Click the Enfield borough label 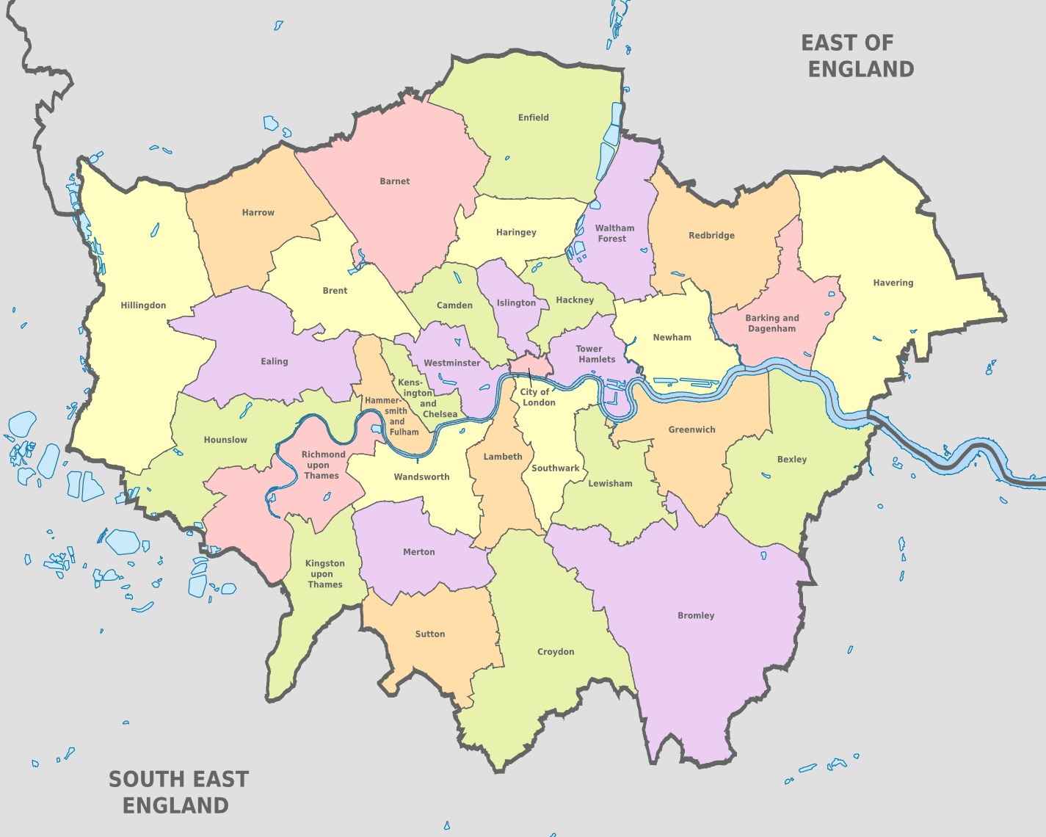[533, 117]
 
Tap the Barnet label [394, 181]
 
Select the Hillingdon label [143, 305]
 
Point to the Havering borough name [893, 283]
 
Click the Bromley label [695, 616]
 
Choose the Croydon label [555, 652]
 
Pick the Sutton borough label [429, 634]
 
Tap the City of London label [537, 397]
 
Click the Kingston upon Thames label [324, 574]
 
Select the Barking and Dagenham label [771, 323]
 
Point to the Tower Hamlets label [595, 354]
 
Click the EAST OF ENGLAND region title [857, 56]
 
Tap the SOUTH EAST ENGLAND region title [178, 792]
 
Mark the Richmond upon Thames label [322, 465]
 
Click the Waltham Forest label [614, 233]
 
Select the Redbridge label [711, 236]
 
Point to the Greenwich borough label [691, 430]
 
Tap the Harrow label [258, 213]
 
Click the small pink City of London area [530, 365]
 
